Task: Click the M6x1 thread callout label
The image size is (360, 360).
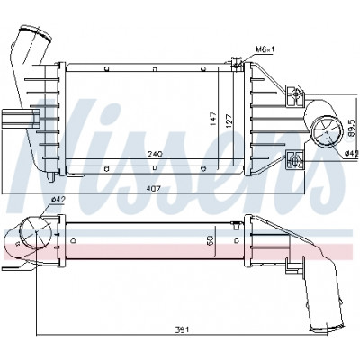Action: pyautogui.click(x=265, y=49)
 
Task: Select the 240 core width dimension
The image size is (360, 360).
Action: pyautogui.click(x=156, y=154)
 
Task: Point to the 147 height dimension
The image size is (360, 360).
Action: pyautogui.click(x=213, y=119)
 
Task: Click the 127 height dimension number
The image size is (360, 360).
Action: pyautogui.click(x=229, y=121)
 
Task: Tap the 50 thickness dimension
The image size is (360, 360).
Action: pyautogui.click(x=211, y=240)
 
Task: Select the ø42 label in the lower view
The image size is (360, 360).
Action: pyautogui.click(x=58, y=200)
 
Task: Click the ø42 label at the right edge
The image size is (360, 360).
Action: pyautogui.click(x=352, y=153)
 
